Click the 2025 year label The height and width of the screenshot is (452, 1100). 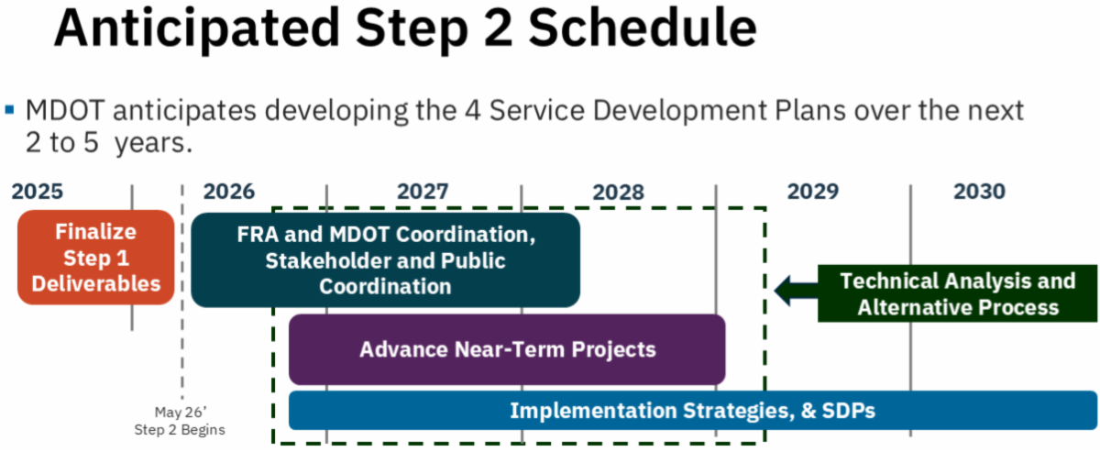[x=38, y=192]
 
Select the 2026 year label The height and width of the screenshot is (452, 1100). [x=228, y=192]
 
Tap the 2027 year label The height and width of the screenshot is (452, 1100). [x=423, y=192]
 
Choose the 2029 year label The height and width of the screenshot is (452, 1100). [x=812, y=192]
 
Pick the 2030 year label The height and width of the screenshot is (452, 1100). [x=979, y=192]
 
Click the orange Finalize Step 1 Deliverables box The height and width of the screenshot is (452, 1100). [x=95, y=258]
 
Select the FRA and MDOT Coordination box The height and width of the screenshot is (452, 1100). [x=385, y=260]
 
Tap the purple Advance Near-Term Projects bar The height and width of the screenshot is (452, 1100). [x=507, y=349]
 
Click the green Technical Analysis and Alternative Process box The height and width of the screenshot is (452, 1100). [x=957, y=293]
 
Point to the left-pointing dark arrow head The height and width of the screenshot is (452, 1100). [x=784, y=292]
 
